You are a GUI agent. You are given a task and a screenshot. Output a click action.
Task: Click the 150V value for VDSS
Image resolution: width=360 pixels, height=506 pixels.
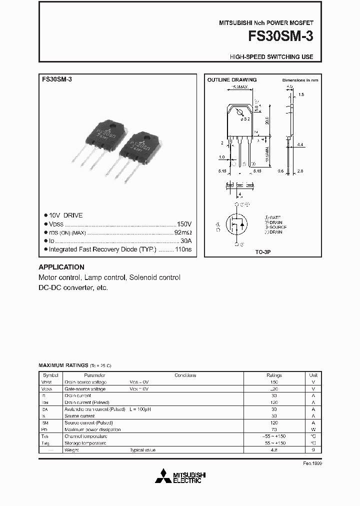[184, 224]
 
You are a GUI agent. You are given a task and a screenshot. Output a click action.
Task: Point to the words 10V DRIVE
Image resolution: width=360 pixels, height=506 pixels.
[66, 215]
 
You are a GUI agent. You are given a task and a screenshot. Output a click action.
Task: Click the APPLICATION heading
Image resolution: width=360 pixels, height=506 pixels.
[61, 267]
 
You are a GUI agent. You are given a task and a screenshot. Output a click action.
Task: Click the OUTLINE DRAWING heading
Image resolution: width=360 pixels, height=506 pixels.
[232, 80]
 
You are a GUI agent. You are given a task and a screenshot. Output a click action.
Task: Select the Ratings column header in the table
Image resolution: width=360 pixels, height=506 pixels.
[274, 375]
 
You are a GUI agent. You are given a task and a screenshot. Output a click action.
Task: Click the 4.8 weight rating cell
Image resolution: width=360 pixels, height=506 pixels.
[274, 450]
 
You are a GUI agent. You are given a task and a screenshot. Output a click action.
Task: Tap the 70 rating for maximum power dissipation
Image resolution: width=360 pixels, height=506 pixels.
[274, 429]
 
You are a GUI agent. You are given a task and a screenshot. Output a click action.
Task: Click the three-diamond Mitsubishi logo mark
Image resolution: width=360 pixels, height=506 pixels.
[163, 477]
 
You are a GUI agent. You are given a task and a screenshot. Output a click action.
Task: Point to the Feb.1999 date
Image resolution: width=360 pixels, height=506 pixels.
[313, 464]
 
